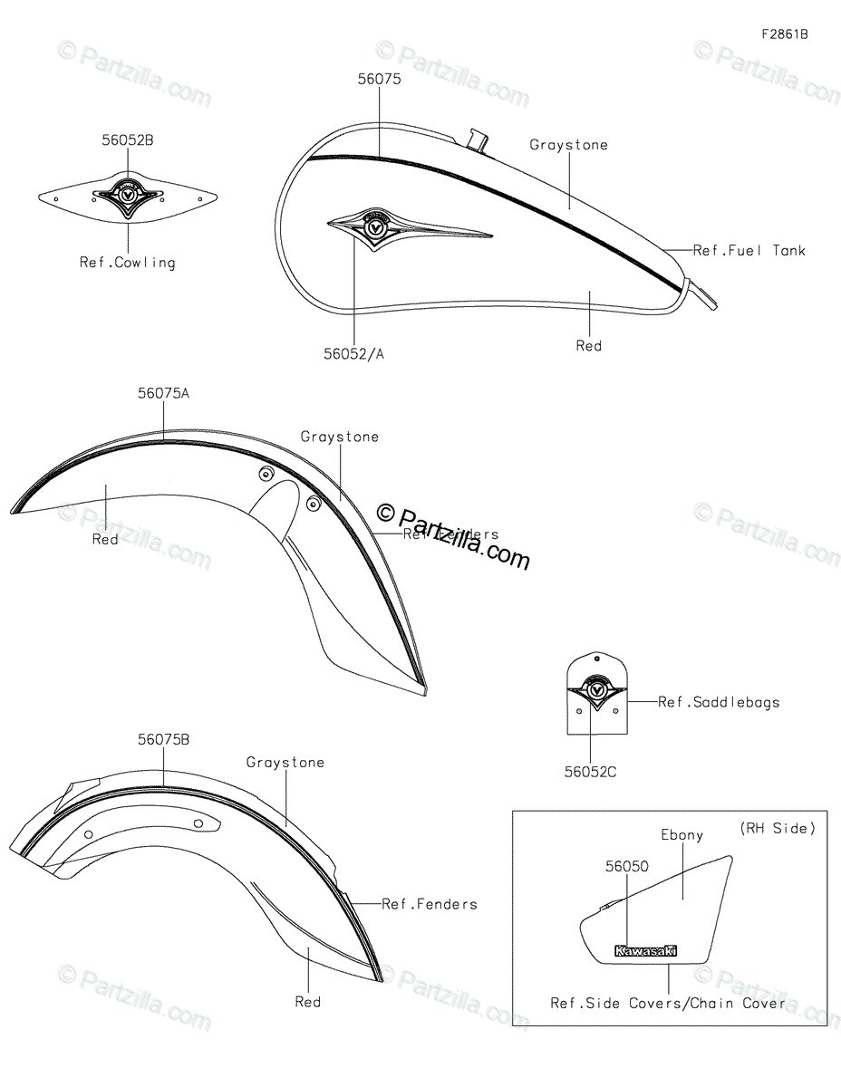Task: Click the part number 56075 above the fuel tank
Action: [x=379, y=80]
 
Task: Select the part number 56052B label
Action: [x=127, y=141]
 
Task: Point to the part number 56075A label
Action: [x=164, y=394]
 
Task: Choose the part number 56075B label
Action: [x=164, y=739]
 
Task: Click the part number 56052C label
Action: [x=590, y=772]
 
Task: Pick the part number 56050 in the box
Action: [x=627, y=867]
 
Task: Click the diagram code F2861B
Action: [x=784, y=34]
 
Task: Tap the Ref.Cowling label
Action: [x=127, y=263]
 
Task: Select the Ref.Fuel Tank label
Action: [x=749, y=250]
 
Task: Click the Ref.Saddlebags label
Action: [x=719, y=702]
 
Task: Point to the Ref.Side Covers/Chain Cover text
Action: [x=669, y=1003]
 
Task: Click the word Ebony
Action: [x=681, y=835]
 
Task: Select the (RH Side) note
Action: [x=778, y=828]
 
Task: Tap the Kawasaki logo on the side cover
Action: [x=645, y=951]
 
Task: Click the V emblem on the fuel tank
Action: [x=374, y=227]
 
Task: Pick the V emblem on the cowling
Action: [x=129, y=195]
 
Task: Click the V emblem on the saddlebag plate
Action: [x=596, y=690]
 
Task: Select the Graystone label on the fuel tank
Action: [x=568, y=145]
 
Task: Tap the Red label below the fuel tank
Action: [x=589, y=346]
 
